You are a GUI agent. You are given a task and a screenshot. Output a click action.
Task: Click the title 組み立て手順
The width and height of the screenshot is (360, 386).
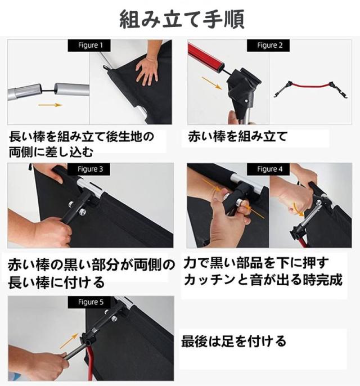(182, 19)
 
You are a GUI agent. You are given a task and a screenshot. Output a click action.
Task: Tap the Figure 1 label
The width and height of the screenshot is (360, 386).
(89, 45)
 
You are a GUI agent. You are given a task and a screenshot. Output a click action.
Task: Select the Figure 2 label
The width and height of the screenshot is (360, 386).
(268, 45)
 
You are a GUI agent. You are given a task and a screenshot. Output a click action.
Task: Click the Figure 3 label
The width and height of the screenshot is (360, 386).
(89, 169)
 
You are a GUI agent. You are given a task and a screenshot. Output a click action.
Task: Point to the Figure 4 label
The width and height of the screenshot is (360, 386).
(268, 169)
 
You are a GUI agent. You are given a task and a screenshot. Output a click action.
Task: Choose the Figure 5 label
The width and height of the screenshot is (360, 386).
(89, 302)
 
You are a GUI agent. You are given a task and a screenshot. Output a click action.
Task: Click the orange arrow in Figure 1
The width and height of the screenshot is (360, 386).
(50, 105)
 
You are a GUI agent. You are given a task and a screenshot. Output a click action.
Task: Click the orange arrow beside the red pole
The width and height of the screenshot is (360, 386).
(211, 83)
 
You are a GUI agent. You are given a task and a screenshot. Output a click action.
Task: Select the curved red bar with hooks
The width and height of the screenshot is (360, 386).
(310, 86)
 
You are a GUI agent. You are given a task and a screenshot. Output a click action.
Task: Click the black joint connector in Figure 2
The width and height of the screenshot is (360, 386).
(242, 87)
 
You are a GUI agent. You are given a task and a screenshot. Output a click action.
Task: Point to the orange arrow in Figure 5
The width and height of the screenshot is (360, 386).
(69, 341)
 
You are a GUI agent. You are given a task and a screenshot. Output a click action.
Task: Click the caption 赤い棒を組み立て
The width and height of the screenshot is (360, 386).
(238, 137)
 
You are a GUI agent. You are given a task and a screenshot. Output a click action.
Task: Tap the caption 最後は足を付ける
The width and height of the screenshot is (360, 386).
(233, 341)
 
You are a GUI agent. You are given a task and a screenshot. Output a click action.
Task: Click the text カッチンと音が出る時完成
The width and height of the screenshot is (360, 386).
(263, 280)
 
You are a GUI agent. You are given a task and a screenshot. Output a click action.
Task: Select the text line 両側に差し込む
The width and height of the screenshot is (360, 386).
(51, 152)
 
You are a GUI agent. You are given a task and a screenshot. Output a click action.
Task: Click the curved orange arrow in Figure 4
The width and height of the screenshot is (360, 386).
(299, 210)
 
